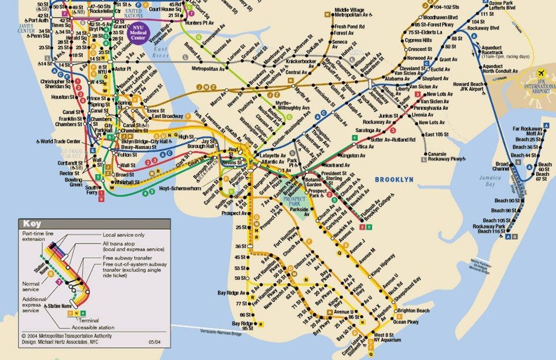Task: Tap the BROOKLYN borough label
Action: coord(394,179)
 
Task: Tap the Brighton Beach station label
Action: coord(413,311)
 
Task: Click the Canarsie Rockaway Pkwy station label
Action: coord(446,156)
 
